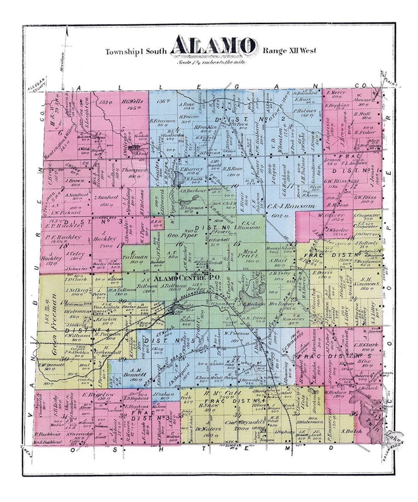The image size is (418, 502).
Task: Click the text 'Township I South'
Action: (136, 52)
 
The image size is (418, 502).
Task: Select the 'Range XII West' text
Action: (290, 50)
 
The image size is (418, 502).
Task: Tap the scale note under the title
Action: (211, 62)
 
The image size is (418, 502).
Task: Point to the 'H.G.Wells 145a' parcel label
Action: (132, 104)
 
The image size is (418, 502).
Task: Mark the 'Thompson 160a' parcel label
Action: (134, 172)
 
